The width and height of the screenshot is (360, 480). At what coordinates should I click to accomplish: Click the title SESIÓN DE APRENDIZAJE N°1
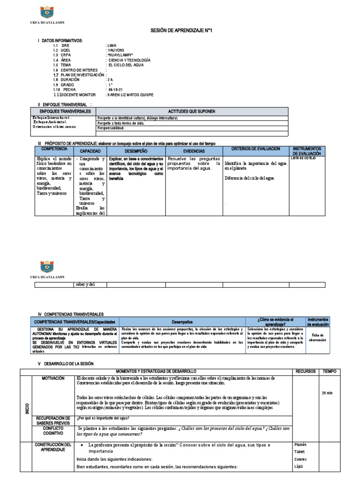click(x=180, y=30)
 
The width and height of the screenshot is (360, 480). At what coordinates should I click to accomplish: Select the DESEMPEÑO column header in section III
click(x=136, y=151)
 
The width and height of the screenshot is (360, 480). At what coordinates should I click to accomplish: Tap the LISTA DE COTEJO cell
click(x=304, y=158)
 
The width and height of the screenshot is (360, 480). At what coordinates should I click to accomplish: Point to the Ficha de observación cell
click(x=318, y=337)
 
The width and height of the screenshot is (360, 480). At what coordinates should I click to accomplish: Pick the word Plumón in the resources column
click(x=300, y=444)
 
